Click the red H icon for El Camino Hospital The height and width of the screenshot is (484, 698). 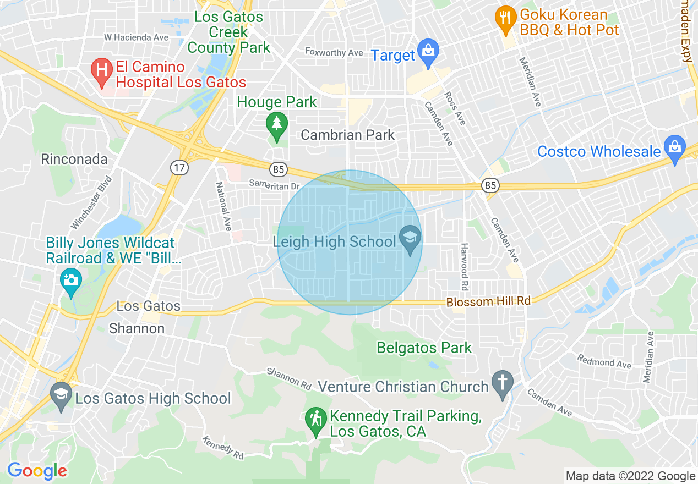102,70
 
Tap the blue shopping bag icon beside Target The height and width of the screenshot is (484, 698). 427,52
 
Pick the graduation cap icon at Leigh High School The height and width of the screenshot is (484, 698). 410,239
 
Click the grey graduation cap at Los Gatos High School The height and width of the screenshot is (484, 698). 61,394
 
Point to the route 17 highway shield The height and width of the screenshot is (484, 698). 179,168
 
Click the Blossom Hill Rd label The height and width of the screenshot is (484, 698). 488,301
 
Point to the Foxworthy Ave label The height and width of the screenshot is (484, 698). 334,53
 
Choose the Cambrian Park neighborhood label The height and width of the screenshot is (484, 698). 347,135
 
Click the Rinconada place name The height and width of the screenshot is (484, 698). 74,159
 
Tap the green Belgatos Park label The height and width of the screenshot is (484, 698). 424,348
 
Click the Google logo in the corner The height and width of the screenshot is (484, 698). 37,471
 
